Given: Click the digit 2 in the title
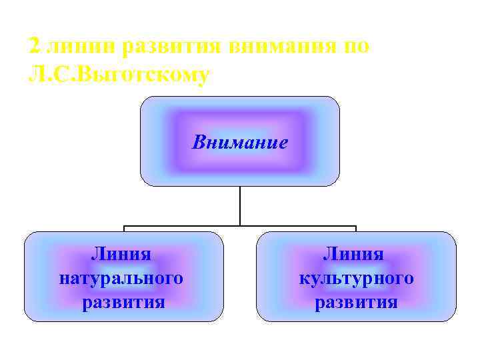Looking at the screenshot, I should tap(35, 47).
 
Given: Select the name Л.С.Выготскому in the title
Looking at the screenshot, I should tap(119, 75).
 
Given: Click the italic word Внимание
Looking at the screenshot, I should tap(240, 142).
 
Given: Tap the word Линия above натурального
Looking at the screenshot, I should tap(121, 254).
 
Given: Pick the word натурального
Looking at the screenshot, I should tap(121, 278).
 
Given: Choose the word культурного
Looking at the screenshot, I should tap(356, 278).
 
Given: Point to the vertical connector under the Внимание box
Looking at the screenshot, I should tap(240, 205).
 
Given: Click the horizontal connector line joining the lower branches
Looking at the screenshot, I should tap(200, 226).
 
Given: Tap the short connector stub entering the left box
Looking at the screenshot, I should tap(124, 229).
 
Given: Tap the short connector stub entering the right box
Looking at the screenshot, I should tap(356, 229).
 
